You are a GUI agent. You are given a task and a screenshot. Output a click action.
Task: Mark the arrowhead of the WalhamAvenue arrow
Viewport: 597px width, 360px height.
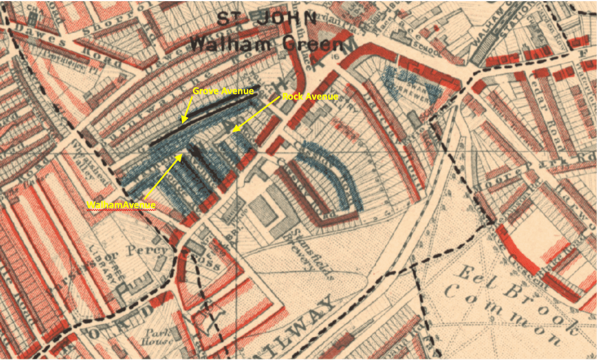click(181, 155)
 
